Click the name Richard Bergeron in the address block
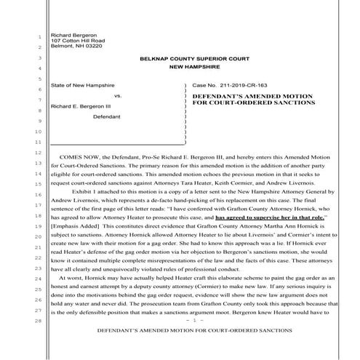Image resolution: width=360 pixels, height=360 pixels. [x=71, y=34]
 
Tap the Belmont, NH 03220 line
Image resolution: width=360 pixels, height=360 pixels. [x=72, y=46]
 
